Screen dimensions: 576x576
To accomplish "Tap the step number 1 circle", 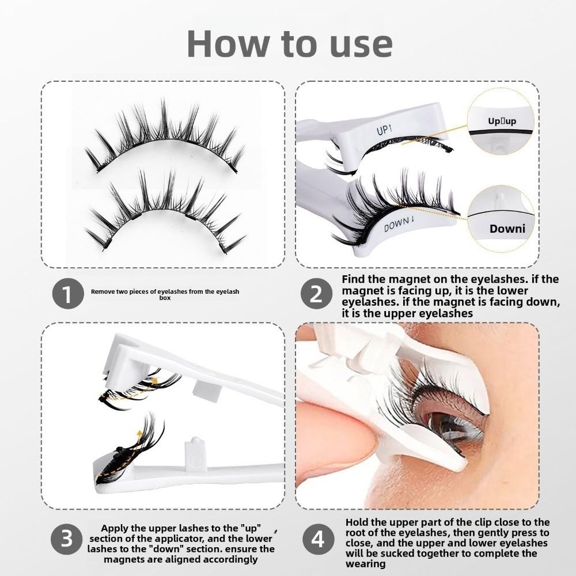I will [x=69, y=295].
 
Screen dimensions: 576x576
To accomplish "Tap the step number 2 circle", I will [x=317, y=295].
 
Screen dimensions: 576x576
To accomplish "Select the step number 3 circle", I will [x=67, y=539].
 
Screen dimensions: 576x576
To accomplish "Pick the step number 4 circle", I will [x=317, y=539].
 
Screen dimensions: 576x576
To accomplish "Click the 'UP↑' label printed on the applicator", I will [x=384, y=130].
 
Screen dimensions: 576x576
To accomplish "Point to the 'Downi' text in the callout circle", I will [x=507, y=229].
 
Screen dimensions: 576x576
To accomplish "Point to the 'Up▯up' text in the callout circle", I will [x=502, y=122].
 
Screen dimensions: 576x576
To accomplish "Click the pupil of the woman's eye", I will [x=441, y=427].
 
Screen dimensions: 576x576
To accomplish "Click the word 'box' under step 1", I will [x=165, y=298].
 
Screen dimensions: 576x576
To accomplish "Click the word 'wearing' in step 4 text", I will [x=365, y=564].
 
